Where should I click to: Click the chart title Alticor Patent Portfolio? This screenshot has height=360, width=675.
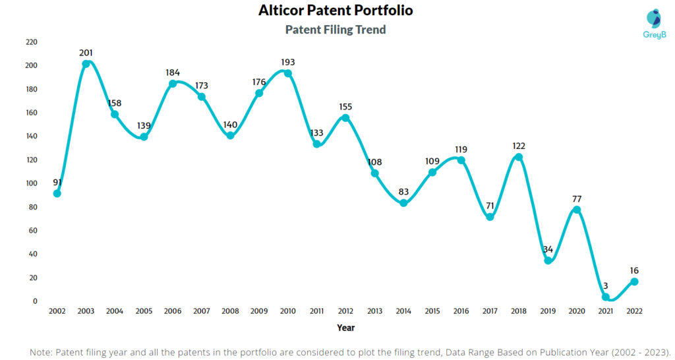pyautogui.click(x=336, y=11)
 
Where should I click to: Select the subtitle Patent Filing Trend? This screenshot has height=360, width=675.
pyautogui.click(x=336, y=30)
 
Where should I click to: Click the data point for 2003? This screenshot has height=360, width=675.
pyautogui.click(x=86, y=64)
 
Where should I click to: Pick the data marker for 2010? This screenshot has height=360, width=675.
pyautogui.click(x=288, y=73)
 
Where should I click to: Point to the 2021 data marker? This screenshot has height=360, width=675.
pyautogui.click(x=606, y=297)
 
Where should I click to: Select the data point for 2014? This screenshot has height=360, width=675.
pyautogui.click(x=403, y=203)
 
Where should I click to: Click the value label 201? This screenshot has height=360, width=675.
pyautogui.click(x=86, y=53)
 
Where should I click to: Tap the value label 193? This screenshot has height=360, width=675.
pyautogui.click(x=287, y=62)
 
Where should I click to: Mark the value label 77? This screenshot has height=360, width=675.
pyautogui.click(x=577, y=198)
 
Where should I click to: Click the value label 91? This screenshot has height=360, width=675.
pyautogui.click(x=57, y=182)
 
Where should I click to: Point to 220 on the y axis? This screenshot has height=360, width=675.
pyautogui.click(x=31, y=42)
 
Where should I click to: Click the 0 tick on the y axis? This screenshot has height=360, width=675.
pyautogui.click(x=35, y=301)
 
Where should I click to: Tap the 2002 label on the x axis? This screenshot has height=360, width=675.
pyautogui.click(x=57, y=311)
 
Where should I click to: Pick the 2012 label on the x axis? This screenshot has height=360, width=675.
pyautogui.click(x=345, y=311)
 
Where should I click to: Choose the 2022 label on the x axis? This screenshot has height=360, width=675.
pyautogui.click(x=634, y=311)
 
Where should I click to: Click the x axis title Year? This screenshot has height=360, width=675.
pyautogui.click(x=345, y=326)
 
